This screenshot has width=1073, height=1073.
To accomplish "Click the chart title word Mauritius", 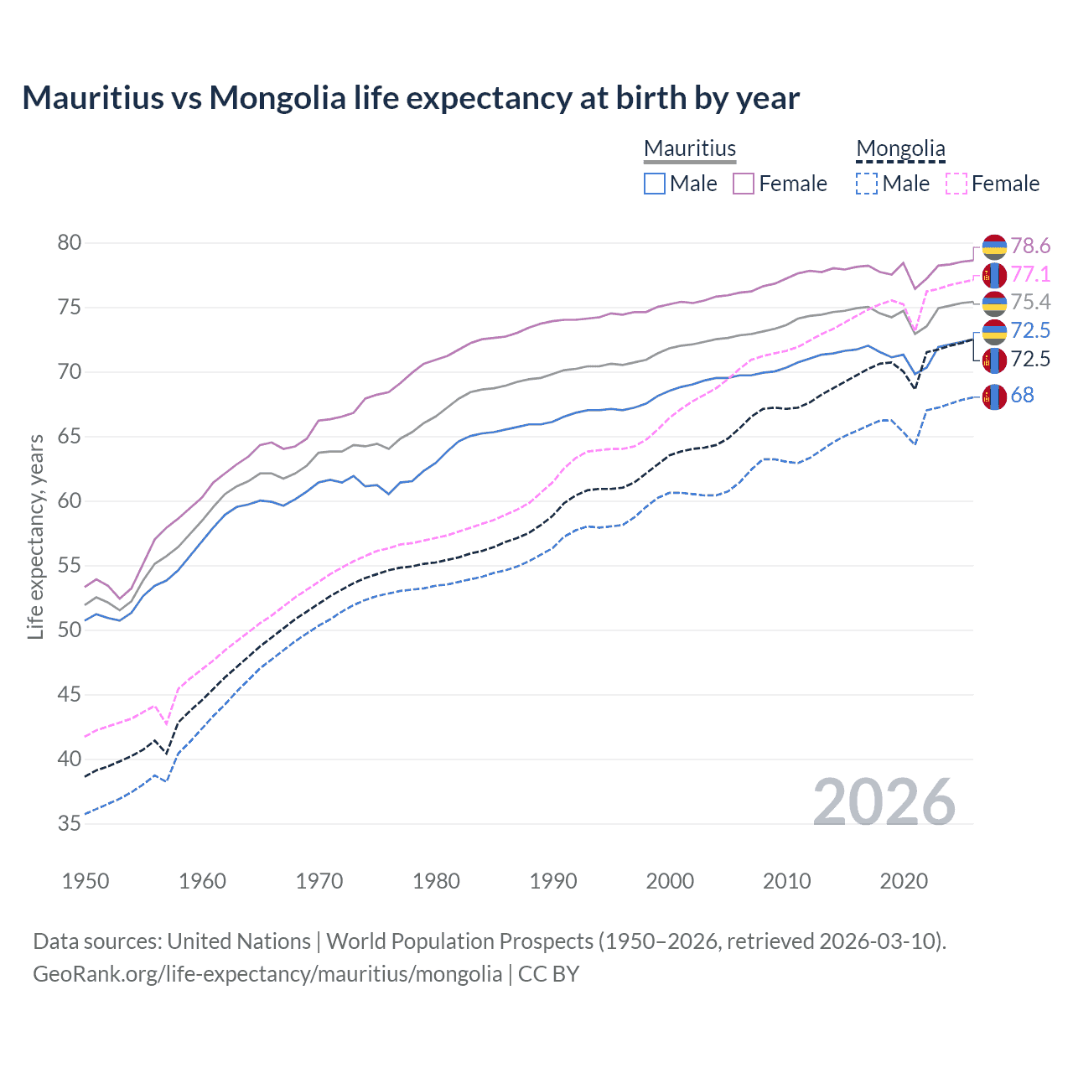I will click(x=93, y=98).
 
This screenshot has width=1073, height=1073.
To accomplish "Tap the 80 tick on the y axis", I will click(x=70, y=243).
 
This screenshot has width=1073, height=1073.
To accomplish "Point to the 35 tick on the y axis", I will click(x=70, y=824).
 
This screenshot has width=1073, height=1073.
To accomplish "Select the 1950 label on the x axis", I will click(x=86, y=881).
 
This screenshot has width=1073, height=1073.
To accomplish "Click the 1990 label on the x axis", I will click(x=553, y=881).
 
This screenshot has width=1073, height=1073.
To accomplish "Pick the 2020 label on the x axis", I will click(x=904, y=881).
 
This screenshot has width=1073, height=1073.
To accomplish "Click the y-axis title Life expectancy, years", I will click(x=35, y=536).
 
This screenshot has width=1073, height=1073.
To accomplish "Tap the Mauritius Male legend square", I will click(x=655, y=184).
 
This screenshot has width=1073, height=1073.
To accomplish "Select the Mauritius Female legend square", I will click(x=744, y=184).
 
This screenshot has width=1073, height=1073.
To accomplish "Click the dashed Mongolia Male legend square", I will click(x=867, y=184).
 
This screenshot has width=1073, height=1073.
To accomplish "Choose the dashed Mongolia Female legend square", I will click(x=956, y=184).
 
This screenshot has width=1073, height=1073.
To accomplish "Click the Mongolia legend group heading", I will click(x=900, y=148).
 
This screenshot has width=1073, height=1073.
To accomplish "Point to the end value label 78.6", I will click(x=1030, y=246).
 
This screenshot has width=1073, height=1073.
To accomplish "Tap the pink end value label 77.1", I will click(x=1030, y=274).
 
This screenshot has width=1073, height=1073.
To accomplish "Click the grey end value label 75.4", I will click(x=1030, y=302).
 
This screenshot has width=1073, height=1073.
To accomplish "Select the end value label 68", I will click(x=1022, y=395).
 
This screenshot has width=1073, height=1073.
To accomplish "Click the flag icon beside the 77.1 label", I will click(x=994, y=275).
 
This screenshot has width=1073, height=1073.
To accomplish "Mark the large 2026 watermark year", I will click(x=884, y=802).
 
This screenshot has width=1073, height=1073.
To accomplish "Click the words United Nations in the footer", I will click(x=239, y=941).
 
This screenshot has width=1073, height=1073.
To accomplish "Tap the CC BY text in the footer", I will click(x=548, y=974).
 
